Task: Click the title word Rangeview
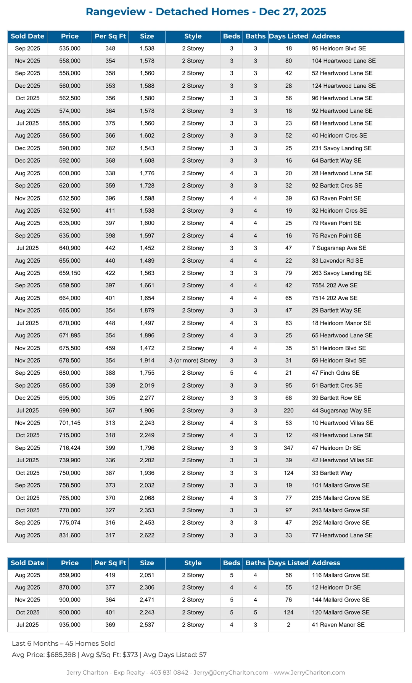[x=116, y=12]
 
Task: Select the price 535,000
[x=70, y=48]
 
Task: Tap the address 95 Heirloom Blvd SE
[x=339, y=48]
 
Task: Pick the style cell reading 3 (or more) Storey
[x=193, y=361]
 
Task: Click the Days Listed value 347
[x=288, y=448]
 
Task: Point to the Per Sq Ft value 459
[x=110, y=348]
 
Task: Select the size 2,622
[x=147, y=535]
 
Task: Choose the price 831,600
[x=70, y=535]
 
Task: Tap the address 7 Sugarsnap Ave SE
[x=339, y=248]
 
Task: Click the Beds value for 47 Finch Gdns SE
[x=232, y=373]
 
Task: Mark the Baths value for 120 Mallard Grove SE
[x=255, y=612]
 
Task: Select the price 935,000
[x=70, y=625]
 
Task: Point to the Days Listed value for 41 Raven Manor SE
[x=288, y=625]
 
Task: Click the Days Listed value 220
[x=288, y=410]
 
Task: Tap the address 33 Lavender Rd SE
[x=337, y=261]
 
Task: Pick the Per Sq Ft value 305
[x=110, y=398]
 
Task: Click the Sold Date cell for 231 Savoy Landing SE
[x=27, y=148]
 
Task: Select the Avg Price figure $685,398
[x=61, y=655]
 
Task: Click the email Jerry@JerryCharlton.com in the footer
[x=231, y=672]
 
